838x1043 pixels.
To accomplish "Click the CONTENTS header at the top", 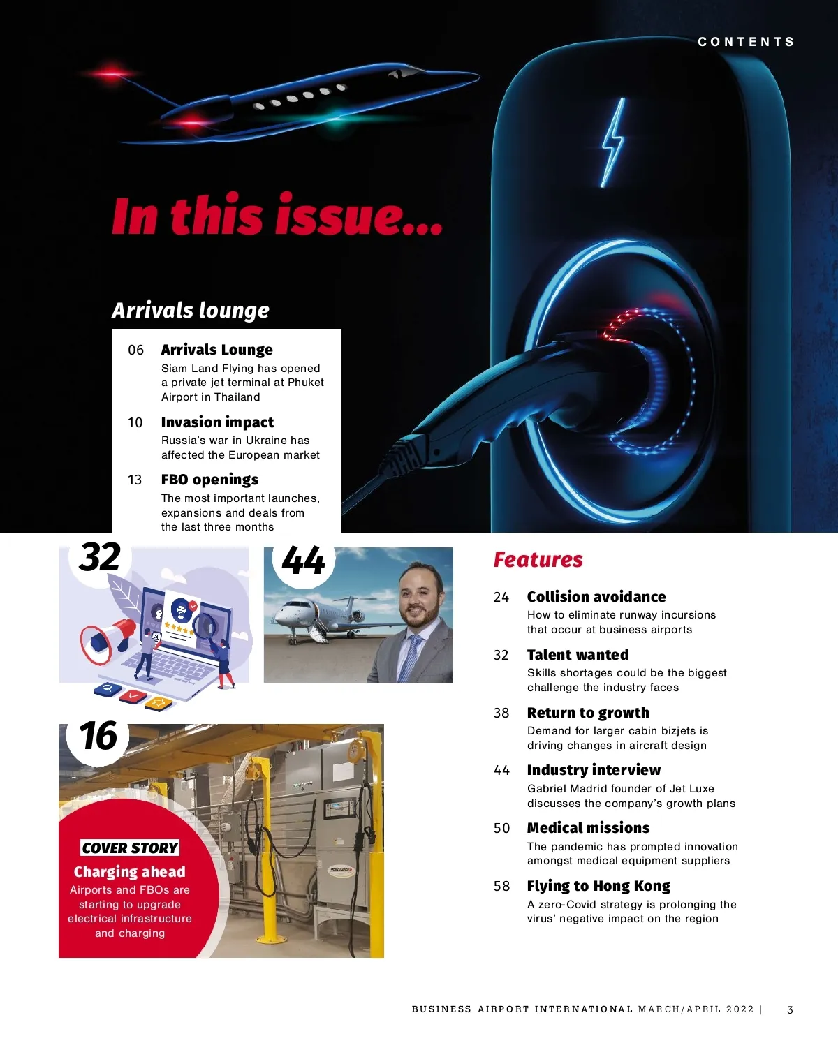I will click(746, 42).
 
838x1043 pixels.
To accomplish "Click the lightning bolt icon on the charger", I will click(613, 142).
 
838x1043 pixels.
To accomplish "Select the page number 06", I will click(135, 350).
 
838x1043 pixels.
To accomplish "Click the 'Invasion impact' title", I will click(217, 422).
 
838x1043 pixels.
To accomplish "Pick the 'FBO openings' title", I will click(209, 480).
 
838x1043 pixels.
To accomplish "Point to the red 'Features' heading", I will click(538, 560).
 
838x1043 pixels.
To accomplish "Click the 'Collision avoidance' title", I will click(596, 597).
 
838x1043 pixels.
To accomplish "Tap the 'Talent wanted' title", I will click(578, 655).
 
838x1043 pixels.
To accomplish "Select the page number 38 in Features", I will click(501, 713).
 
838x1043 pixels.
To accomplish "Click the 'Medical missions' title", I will click(588, 828).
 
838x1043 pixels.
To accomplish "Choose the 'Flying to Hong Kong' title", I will click(598, 886).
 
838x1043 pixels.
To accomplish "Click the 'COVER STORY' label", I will click(130, 848).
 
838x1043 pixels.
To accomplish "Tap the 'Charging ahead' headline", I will click(130, 872).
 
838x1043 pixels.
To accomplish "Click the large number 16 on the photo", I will click(98, 737).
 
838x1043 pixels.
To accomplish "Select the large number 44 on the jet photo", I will click(303, 561).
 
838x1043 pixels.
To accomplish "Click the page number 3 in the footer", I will click(790, 1009).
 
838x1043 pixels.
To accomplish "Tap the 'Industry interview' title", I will click(594, 770).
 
